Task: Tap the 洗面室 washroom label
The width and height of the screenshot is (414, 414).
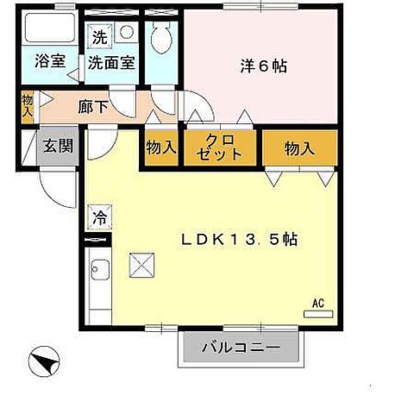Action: pyautogui.click(x=112, y=62)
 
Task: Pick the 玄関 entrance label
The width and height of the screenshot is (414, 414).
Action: pyautogui.click(x=59, y=144)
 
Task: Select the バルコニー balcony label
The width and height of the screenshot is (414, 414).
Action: pyautogui.click(x=241, y=349)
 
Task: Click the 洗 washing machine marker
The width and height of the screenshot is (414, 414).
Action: pyautogui.click(x=99, y=37)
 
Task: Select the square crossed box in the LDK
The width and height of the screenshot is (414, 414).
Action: pyautogui.click(x=141, y=265)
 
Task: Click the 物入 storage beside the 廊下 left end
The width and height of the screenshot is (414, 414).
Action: pyautogui.click(x=27, y=106)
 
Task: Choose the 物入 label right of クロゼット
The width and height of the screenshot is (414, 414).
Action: pyautogui.click(x=298, y=148)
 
